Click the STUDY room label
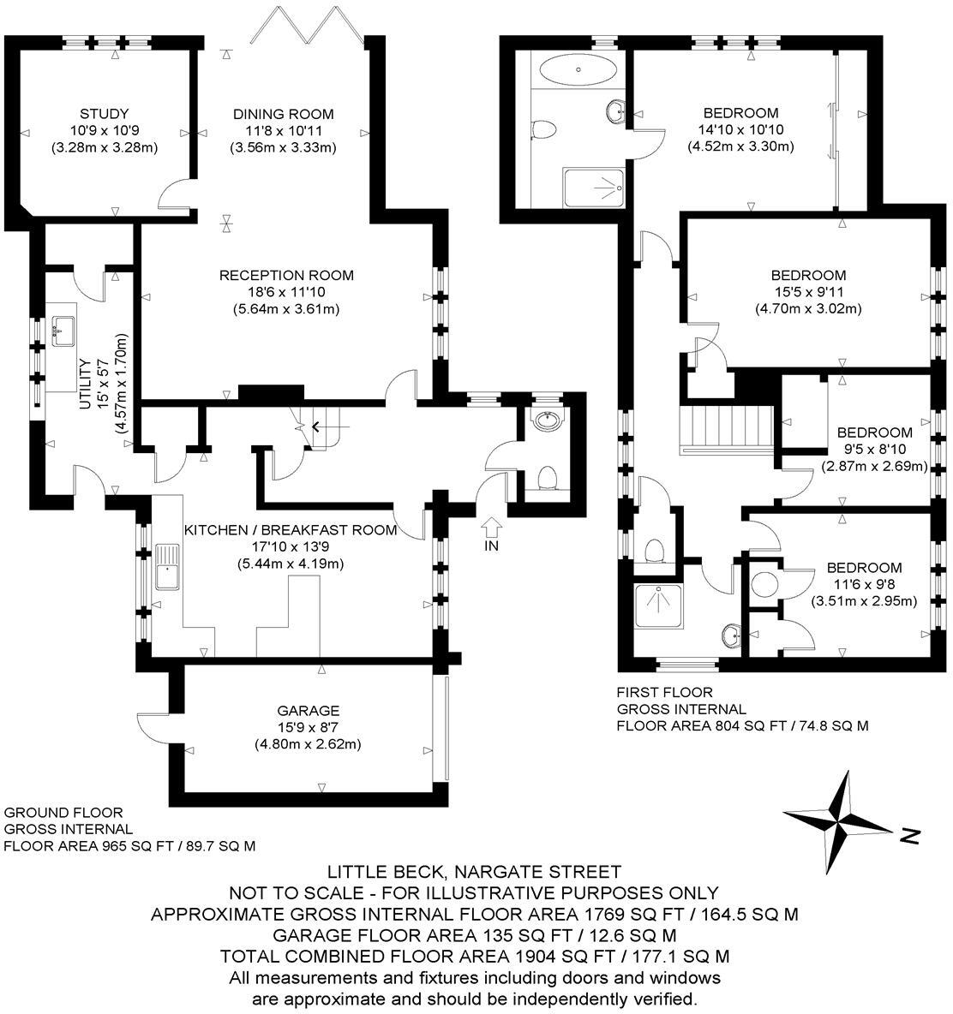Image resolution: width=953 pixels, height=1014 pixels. tap(104, 114)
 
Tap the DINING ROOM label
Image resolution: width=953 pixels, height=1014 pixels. tap(283, 114)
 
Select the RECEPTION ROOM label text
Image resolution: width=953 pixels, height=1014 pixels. tap(286, 276)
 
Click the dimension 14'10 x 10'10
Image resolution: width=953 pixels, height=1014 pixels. tap(740, 130)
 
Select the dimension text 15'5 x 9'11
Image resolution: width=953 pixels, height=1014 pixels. tap(808, 292)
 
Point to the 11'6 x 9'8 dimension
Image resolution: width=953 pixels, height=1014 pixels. tap(864, 584)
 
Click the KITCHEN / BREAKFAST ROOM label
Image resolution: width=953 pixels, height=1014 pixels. tap(291, 530)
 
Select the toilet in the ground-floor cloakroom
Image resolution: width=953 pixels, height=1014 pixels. tap(546, 476)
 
